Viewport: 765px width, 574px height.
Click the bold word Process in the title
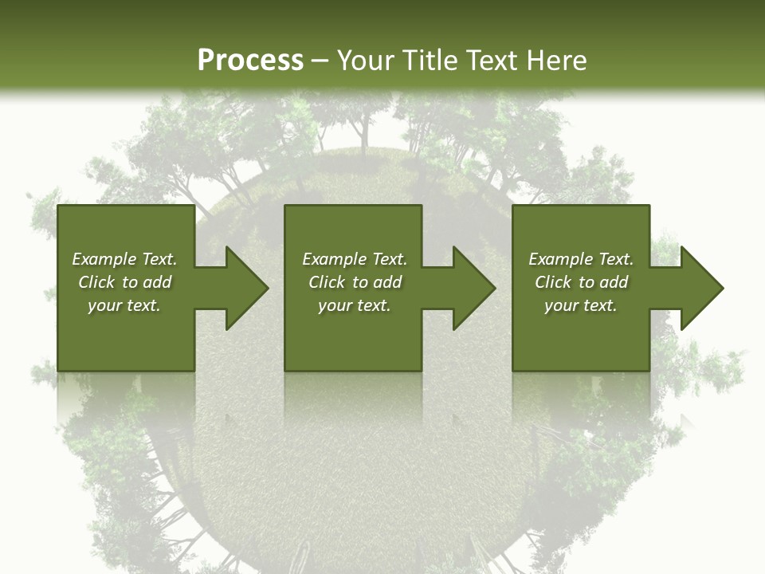point(250,61)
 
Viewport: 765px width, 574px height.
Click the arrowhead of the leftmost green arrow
point(247,288)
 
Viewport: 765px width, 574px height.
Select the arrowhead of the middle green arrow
point(475,288)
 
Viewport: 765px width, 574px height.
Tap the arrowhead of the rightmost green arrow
point(702,288)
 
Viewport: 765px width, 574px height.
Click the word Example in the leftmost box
point(104,259)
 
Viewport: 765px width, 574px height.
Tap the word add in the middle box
point(387,282)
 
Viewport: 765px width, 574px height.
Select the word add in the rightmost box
point(614,282)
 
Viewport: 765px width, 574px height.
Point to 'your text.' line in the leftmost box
point(124,305)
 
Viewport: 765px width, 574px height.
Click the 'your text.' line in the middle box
point(355,305)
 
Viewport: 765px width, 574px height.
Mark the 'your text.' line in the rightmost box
point(581,305)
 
